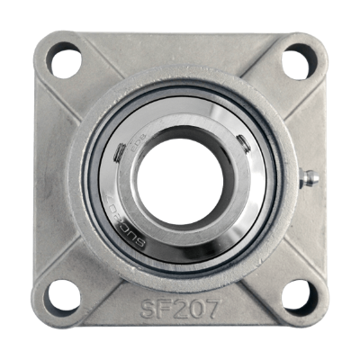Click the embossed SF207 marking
point(180,309)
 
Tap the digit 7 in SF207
point(212,309)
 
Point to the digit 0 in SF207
point(196,309)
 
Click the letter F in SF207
point(164,309)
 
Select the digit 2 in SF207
point(180,309)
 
